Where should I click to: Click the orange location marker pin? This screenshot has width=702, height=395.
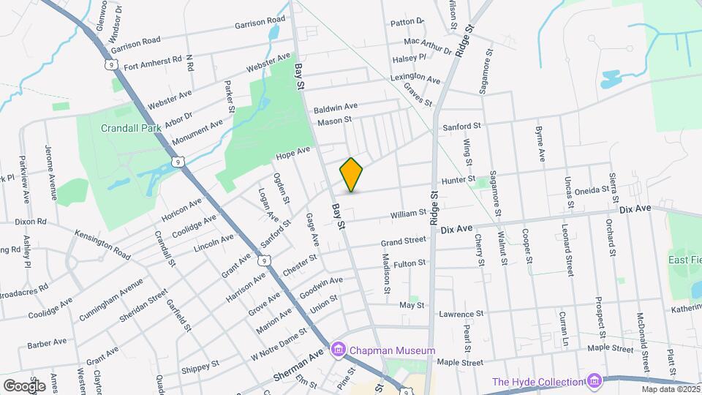[x=352, y=175]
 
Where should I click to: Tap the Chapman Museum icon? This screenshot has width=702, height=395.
[x=338, y=350]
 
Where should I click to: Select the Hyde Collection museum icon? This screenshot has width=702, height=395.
[x=595, y=381]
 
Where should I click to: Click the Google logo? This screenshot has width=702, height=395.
[x=23, y=385]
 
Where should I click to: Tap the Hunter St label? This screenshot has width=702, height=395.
[x=458, y=180]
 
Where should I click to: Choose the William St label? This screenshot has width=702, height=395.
[x=408, y=213]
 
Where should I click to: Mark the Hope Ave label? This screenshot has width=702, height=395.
[x=293, y=153]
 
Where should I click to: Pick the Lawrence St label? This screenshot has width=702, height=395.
[x=462, y=314]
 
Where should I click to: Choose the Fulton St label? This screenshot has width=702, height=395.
[x=409, y=263]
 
